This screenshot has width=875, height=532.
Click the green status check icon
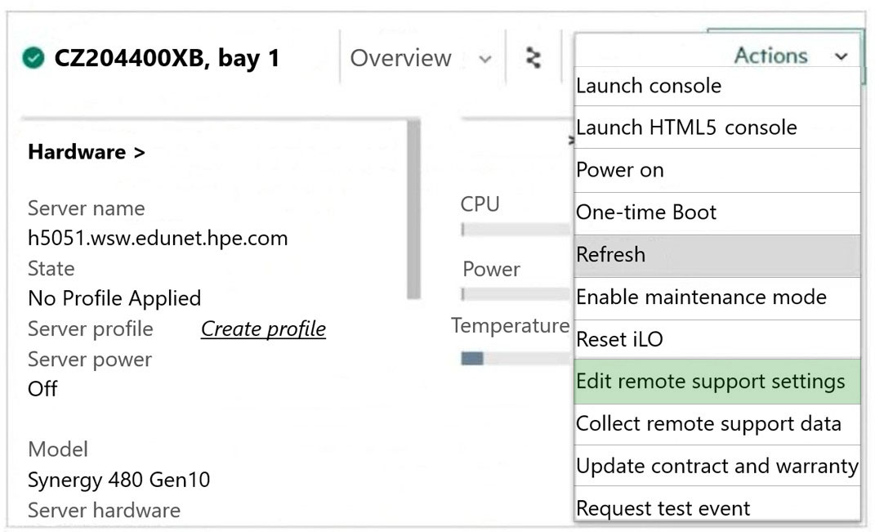pyautogui.click(x=33, y=57)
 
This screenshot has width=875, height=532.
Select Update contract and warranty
pyautogui.click(x=717, y=466)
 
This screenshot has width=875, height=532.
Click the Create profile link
pyautogui.click(x=263, y=329)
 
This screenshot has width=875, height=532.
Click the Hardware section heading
pyautogui.click(x=87, y=152)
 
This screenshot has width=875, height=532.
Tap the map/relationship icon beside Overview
pyautogui.click(x=533, y=58)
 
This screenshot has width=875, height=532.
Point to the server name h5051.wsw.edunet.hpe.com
pyautogui.click(x=158, y=239)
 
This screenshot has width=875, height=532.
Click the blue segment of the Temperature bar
pyautogui.click(x=472, y=359)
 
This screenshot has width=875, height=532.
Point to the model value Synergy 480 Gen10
pyautogui.click(x=118, y=480)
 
